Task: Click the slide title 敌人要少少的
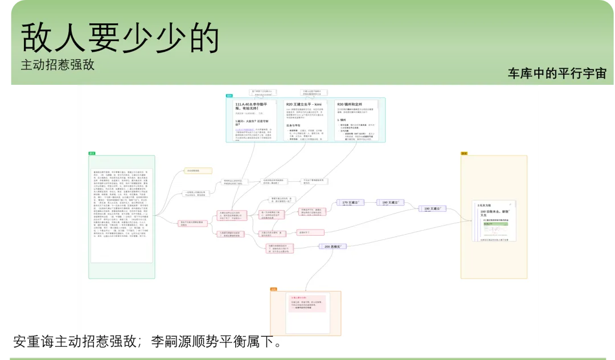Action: pos(120,38)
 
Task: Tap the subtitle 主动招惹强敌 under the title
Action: pos(58,64)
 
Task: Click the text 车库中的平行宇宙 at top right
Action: pos(557,73)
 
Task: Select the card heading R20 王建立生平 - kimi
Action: pos(305,105)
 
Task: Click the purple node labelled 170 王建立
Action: pos(351,203)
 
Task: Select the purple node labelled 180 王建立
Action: pos(390,203)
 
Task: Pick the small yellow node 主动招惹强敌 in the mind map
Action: pos(198,170)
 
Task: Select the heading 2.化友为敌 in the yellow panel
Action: pos(484,205)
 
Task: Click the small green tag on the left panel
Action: pos(92,154)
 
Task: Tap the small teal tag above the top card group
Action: pos(229,96)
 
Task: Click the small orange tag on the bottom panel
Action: pos(273,289)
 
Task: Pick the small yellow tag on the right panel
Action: pos(464,154)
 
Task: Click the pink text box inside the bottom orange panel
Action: pos(307,303)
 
